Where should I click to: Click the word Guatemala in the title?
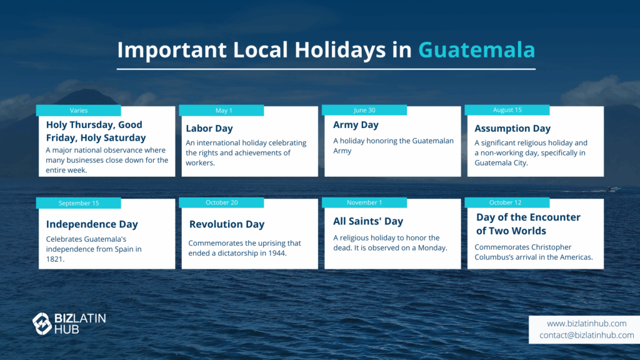476,50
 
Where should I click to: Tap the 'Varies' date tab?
78,111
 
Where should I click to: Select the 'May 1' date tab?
221,111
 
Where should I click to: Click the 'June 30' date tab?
364,110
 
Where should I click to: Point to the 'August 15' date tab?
507,110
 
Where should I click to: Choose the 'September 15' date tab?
78,203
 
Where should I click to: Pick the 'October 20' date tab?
221,203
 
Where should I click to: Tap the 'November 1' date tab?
364,203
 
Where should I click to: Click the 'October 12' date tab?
507,203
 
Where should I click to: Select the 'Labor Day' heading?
209,129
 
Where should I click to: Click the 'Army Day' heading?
356,125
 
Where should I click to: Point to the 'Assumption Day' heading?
512,129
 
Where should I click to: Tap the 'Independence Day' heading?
92,224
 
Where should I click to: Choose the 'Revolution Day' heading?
227,224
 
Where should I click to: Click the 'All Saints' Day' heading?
368,221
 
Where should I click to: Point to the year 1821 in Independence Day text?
55,259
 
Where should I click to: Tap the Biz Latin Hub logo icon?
42,324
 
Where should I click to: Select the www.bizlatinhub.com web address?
586,324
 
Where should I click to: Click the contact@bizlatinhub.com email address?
586,335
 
